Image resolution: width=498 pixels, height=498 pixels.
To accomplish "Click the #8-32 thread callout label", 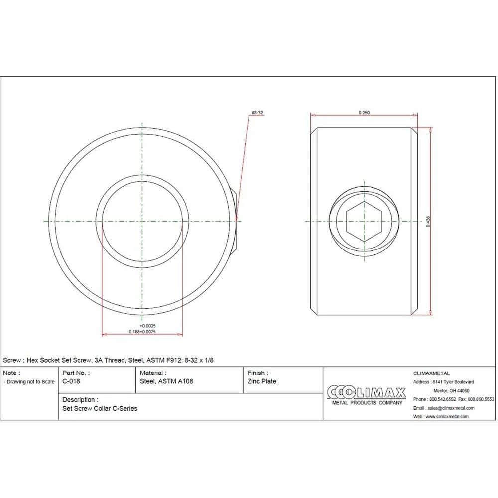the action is pyautogui.click(x=257, y=113).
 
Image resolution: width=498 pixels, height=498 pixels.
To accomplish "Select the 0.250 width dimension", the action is pyautogui.click(x=364, y=113).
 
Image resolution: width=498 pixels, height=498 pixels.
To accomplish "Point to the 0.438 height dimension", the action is pyautogui.click(x=428, y=222).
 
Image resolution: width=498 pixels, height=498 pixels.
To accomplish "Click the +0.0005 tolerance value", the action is pyautogui.click(x=148, y=326).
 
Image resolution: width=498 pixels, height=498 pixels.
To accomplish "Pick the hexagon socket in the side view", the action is pyautogui.click(x=364, y=222).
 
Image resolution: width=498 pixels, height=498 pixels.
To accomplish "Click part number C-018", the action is pyautogui.click(x=71, y=381).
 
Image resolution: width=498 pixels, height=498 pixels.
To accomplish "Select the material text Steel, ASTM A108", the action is pyautogui.click(x=166, y=381).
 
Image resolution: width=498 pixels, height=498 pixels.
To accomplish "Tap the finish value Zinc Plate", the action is pyautogui.click(x=262, y=381).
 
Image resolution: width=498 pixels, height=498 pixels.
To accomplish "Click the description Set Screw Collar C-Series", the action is pyautogui.click(x=100, y=409).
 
